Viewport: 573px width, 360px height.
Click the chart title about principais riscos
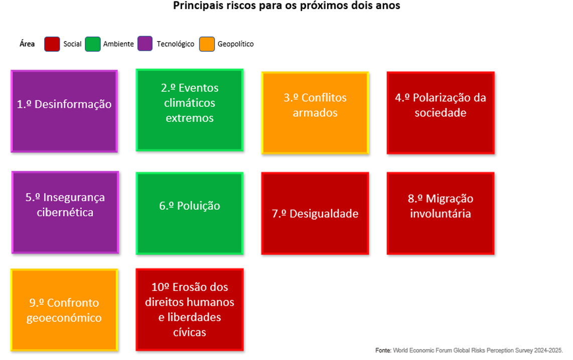coord(286,6)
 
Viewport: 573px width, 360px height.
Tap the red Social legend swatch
coord(52,44)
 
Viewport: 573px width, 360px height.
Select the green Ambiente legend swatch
coord(93,44)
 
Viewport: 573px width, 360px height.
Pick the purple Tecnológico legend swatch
coord(145,44)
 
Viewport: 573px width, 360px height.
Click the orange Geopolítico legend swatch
coord(207,44)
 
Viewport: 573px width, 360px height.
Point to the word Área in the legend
coord(27,44)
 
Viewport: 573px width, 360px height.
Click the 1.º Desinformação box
coord(64,111)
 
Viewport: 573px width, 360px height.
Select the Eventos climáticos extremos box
coord(190,110)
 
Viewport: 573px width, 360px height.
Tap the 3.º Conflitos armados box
coord(315,113)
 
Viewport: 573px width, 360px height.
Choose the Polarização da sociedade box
coord(441,113)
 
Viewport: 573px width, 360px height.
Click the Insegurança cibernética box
coord(65,213)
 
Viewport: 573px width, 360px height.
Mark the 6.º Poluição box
coord(190,214)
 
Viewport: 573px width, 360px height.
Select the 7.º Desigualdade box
coord(315,214)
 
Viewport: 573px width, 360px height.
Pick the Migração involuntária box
coord(441,214)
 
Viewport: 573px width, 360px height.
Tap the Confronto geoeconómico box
coord(64,310)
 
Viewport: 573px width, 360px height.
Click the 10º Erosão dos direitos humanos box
coord(190,309)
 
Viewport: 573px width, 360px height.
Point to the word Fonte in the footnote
coord(383,350)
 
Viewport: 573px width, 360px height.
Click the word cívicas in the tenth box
coord(190,332)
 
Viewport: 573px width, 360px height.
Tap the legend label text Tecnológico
coord(175,44)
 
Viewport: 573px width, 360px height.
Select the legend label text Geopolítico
coord(235,44)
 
